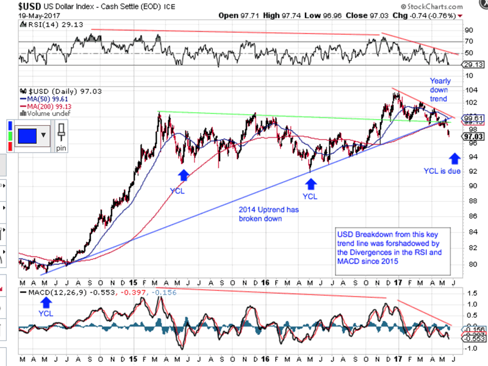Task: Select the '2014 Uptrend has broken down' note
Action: click(x=259, y=213)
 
